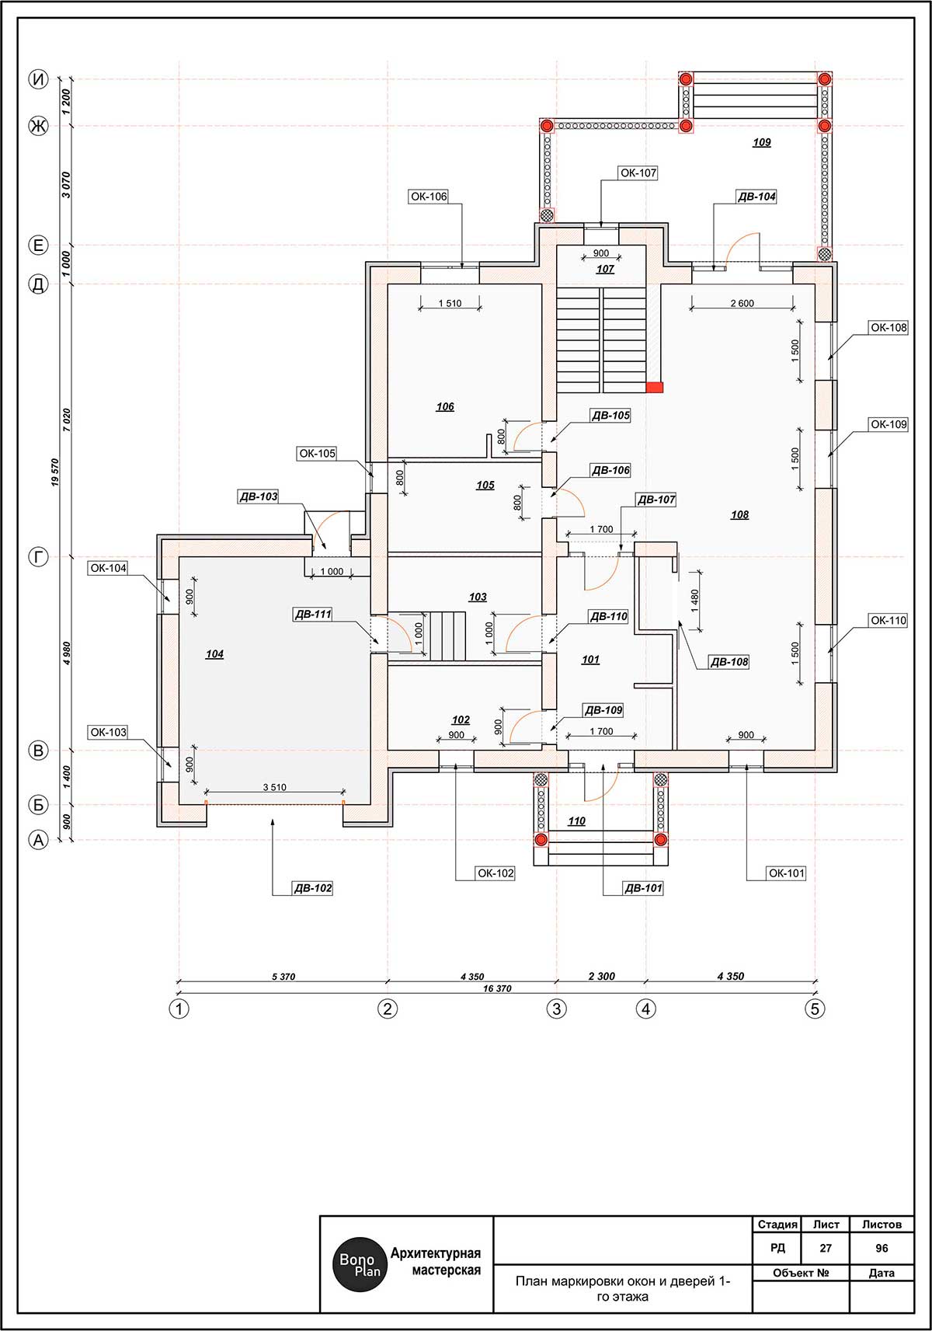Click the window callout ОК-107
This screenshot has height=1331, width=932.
point(638,173)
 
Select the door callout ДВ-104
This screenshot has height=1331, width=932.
point(756,197)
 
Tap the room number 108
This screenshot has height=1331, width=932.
point(739,514)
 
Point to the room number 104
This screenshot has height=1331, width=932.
point(214,654)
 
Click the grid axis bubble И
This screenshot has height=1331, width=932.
point(39,79)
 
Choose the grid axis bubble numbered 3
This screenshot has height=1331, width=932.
point(557,1009)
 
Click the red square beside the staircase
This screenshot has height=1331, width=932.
point(655,388)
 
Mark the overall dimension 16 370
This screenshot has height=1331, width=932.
point(497,988)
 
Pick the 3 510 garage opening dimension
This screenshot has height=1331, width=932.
point(274,787)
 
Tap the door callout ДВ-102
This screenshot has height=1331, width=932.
point(313,888)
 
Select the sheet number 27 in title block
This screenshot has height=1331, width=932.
point(826,1248)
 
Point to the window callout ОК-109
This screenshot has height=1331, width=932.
point(889,424)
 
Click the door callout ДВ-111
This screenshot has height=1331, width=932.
point(313,614)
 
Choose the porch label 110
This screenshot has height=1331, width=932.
point(576,821)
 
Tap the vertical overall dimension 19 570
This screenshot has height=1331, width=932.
point(55,472)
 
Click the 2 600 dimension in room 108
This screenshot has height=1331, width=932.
point(742,303)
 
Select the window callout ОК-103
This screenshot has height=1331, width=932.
point(108,732)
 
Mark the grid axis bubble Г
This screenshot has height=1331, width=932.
point(39,557)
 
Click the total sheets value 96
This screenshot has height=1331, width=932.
point(882,1248)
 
